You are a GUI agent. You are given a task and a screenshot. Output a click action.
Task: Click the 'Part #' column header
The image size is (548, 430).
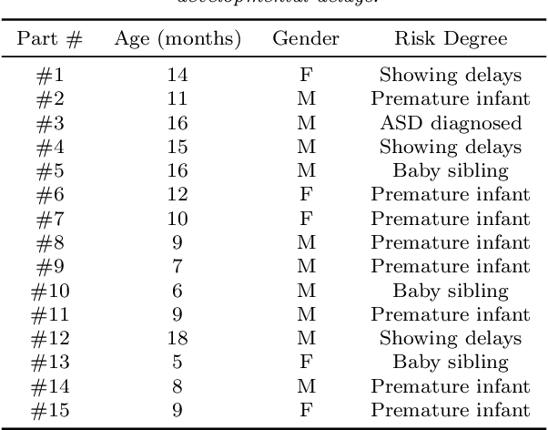[51, 39]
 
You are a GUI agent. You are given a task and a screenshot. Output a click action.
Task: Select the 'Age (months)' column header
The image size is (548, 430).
[177, 39]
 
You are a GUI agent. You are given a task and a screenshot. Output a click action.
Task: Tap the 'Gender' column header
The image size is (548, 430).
[306, 39]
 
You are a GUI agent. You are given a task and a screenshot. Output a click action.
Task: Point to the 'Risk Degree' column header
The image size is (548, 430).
[451, 39]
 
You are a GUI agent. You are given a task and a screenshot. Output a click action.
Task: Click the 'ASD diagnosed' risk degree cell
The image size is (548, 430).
[451, 123]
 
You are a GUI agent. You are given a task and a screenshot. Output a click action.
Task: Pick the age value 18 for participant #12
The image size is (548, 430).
[177, 339]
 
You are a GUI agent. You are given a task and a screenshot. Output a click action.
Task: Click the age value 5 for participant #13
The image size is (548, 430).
[177, 363]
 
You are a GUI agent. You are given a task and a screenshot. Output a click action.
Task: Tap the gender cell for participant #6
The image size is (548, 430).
[306, 195]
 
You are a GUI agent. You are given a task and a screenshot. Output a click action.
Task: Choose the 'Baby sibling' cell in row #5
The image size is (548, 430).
[451, 171]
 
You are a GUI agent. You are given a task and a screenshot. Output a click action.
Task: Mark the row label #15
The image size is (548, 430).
[51, 411]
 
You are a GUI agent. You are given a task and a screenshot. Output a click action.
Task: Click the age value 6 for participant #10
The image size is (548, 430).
[177, 291]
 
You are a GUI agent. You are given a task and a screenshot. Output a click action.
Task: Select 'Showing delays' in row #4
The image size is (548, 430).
[451, 148]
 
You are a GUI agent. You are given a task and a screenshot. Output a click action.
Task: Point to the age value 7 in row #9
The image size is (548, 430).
[177, 267]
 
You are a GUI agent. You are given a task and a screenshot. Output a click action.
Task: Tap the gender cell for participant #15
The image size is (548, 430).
[306, 411]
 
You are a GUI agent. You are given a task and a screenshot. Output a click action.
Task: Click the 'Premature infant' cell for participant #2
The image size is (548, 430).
[451, 99]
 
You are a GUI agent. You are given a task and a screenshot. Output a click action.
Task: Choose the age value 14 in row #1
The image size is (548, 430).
[177, 76]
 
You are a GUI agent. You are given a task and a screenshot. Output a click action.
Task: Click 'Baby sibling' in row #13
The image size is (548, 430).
[451, 363]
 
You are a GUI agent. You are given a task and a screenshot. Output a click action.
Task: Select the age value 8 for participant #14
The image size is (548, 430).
[177, 387]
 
